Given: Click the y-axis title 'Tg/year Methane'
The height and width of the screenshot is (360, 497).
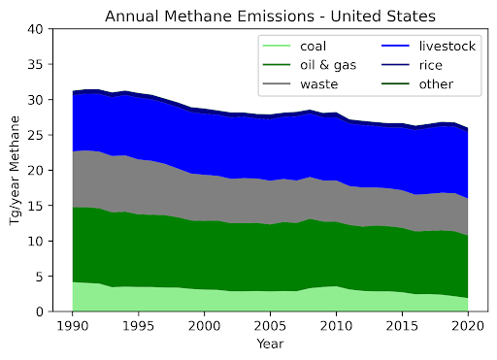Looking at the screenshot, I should [16, 171].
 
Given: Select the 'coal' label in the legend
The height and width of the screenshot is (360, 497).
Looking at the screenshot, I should [314, 46].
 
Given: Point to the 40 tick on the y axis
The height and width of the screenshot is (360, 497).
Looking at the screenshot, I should [35, 29].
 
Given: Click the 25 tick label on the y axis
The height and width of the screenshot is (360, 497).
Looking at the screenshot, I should [35, 135].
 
